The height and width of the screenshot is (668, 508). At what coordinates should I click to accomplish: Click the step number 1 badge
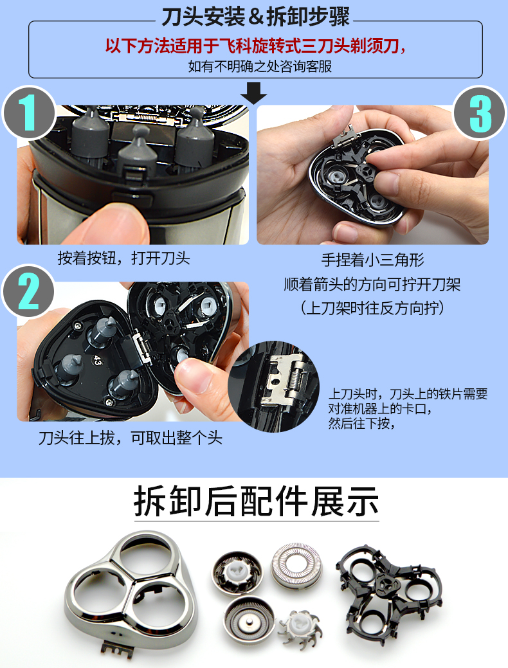coord(28,114)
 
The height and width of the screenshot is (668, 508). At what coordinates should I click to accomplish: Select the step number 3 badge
coord(480,114)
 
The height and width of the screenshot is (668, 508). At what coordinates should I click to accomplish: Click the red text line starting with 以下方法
coord(256,46)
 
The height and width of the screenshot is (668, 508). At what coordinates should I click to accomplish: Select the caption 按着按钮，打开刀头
coord(123,259)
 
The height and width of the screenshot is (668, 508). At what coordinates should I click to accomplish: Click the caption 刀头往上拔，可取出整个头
coord(131,438)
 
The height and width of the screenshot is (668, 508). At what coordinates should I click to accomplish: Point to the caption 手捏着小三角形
coord(372,260)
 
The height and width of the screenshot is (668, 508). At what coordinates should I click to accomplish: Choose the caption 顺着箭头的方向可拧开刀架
coord(372,284)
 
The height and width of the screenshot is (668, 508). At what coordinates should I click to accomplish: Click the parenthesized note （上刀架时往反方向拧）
coord(372,308)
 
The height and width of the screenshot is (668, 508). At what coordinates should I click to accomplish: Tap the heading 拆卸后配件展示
coord(256,502)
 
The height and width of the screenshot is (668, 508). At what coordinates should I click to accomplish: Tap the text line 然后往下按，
coord(360,424)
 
